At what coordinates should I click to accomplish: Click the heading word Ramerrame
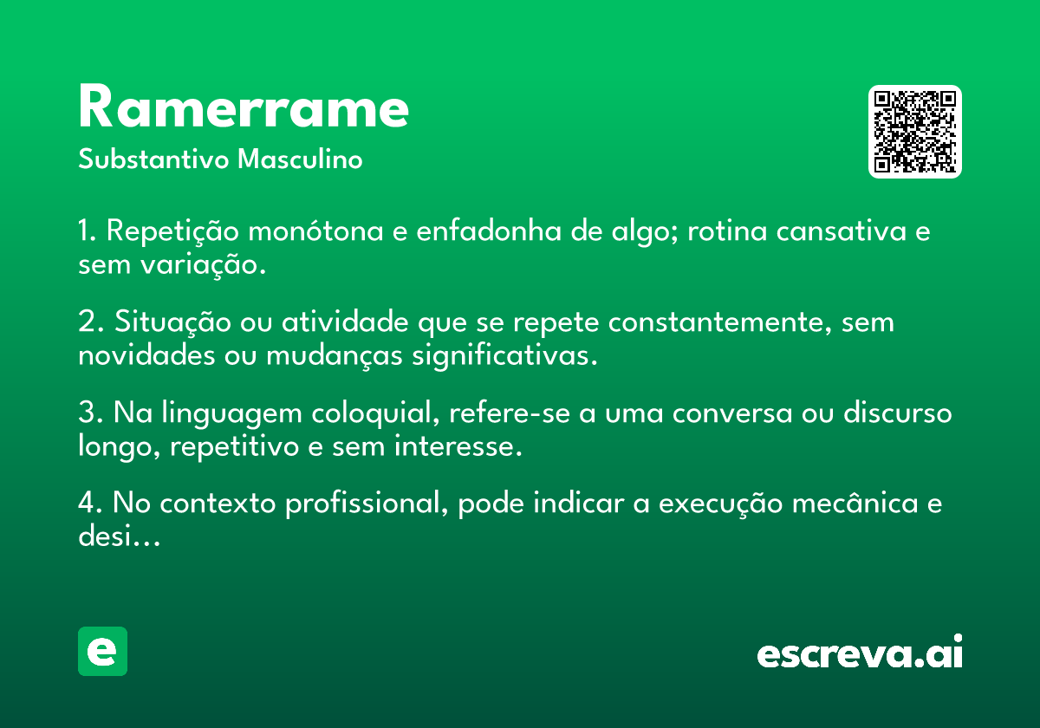click(244, 106)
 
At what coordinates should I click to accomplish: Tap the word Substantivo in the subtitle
click(153, 159)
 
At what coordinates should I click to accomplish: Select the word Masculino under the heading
click(300, 159)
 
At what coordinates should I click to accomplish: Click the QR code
click(914, 132)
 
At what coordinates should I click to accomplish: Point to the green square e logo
click(102, 651)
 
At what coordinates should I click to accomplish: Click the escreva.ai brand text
click(860, 652)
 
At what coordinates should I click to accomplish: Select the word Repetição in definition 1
click(172, 231)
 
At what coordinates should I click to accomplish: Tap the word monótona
click(315, 231)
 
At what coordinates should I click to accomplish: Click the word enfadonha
click(489, 231)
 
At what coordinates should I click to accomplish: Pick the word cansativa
click(842, 231)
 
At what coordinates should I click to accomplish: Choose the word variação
click(204, 265)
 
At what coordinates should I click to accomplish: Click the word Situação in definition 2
click(172, 322)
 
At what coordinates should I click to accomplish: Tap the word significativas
click(504, 355)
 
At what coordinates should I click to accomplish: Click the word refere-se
click(510, 413)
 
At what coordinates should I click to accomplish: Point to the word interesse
click(458, 446)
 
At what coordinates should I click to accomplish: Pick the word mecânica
click(855, 503)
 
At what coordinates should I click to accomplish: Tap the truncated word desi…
click(119, 536)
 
